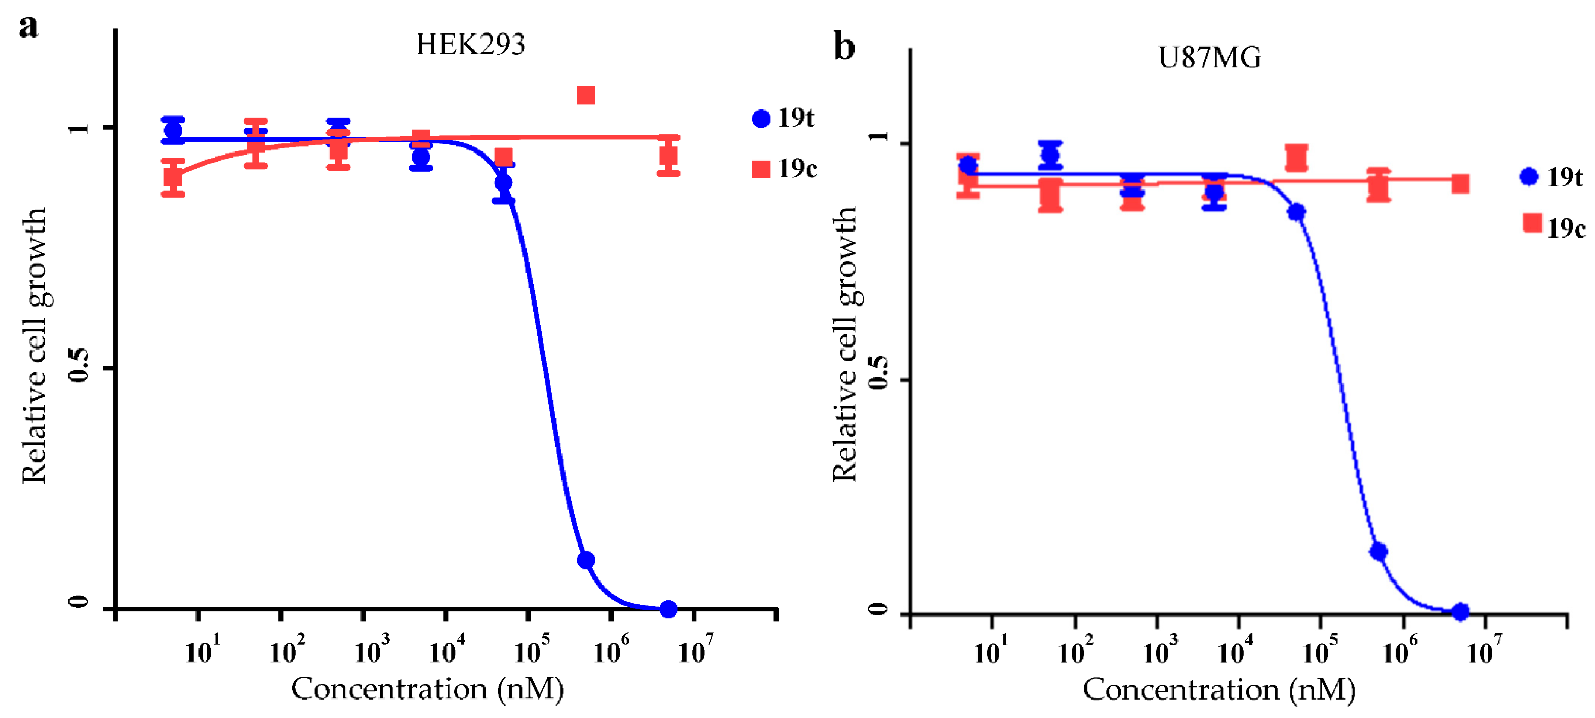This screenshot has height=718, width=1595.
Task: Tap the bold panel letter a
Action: [29, 27]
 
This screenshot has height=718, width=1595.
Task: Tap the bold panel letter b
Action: [844, 47]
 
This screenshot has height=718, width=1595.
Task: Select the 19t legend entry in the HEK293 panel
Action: [784, 118]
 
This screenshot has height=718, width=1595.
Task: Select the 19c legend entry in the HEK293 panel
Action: [784, 168]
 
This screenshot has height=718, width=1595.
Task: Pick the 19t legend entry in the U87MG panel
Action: [1552, 178]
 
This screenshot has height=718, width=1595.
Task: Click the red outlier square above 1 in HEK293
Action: [586, 95]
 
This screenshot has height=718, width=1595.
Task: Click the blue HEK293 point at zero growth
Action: [668, 610]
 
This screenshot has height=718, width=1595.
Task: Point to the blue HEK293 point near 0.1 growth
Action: [586, 560]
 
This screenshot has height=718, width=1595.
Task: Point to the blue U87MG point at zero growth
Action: [1460, 612]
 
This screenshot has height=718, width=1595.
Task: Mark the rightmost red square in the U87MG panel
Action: [1460, 184]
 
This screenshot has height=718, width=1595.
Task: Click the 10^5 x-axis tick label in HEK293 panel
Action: [531, 650]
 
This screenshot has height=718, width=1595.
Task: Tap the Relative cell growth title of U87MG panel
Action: [844, 344]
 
